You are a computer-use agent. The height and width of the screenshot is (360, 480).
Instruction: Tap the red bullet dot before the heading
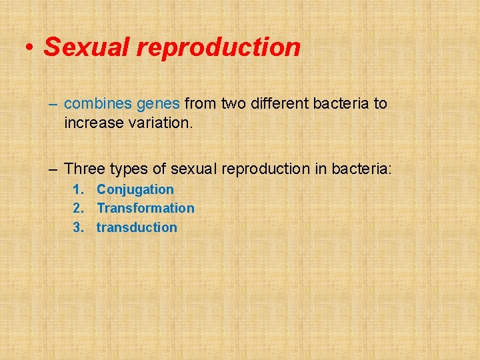30,48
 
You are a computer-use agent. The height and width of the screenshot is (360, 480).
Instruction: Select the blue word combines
97,104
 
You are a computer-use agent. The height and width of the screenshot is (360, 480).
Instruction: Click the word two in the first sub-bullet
233,104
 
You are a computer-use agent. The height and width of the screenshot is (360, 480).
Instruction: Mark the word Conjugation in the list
135,190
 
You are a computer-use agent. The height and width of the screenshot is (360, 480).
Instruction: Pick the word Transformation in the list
145,208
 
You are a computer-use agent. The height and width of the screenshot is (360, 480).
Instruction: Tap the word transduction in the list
137,227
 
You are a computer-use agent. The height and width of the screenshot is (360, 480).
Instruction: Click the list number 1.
77,190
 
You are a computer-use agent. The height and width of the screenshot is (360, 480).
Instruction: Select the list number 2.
77,208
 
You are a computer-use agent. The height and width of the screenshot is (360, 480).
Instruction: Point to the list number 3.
77,227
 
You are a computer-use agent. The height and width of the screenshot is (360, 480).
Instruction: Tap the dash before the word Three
53,169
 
